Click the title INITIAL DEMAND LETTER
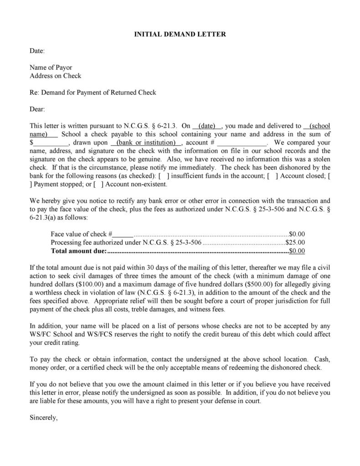pos(180,34)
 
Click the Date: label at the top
pos(37,51)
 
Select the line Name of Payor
pos(51,67)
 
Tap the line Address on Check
pos(55,76)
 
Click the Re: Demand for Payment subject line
pos(93,93)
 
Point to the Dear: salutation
pos(37,109)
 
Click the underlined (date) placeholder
pos(207,126)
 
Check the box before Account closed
pos(272,176)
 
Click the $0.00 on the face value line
pos(297,234)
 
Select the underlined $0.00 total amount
pos(297,251)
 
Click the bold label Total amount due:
pos(78,251)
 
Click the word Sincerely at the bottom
pos(44,417)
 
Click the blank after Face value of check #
pos(123,234)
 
